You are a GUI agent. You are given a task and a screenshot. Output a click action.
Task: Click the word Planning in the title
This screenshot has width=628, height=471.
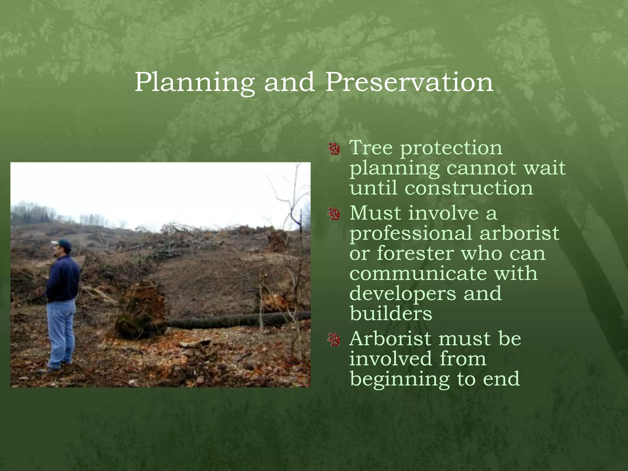pos(194,82)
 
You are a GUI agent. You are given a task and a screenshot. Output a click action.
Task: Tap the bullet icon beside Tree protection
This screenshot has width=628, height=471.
pos(334,149)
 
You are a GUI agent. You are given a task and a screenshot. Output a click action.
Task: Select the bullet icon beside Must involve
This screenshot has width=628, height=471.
pos(334,214)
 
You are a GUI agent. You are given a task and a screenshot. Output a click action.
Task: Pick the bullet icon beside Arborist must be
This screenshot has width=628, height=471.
pos(334,340)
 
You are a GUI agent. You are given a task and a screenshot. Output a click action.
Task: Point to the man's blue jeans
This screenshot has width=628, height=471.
pos(61,331)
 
